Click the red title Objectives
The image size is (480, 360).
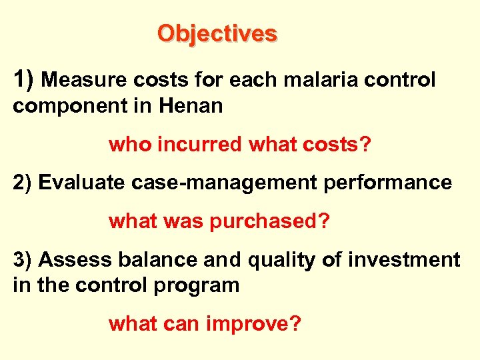(217, 33)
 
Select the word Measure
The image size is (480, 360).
(86, 81)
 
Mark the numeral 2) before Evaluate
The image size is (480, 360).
(23, 183)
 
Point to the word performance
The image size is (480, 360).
(390, 183)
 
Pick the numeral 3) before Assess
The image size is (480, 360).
(23, 259)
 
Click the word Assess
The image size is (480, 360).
(73, 259)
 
